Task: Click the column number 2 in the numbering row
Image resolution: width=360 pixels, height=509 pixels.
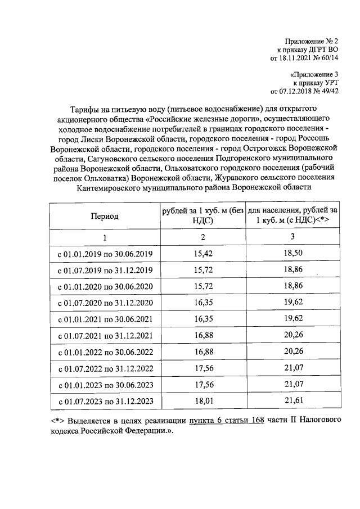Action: tap(202, 237)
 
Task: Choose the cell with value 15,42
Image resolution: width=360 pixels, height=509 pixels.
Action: tap(202, 254)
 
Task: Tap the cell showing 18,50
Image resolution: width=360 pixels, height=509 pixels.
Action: tap(292, 254)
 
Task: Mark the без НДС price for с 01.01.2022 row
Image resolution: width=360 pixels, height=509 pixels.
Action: tap(202, 353)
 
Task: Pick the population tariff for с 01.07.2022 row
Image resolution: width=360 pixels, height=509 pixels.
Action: tap(292, 370)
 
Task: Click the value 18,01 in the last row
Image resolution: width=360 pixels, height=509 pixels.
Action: tap(202, 402)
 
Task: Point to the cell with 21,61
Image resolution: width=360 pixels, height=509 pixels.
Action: tap(292, 402)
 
